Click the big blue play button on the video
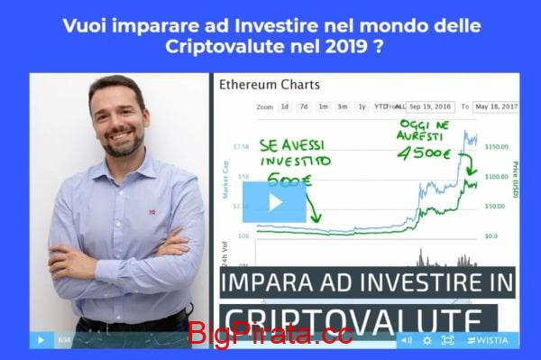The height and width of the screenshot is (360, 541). [274, 201]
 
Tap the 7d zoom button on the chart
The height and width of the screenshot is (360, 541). [304, 106]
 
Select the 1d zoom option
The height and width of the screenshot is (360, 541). [284, 106]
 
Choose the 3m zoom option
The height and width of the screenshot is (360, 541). [343, 106]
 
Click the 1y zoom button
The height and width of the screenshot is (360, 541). [362, 106]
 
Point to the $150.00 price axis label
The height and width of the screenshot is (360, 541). [497, 146]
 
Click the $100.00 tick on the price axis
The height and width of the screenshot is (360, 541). [497, 176]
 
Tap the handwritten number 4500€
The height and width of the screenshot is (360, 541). [422, 153]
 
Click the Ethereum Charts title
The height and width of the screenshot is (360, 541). [269, 86]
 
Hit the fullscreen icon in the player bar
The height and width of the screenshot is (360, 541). [447, 340]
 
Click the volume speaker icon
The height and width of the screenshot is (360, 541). [406, 340]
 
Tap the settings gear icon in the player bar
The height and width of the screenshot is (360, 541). [426, 340]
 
